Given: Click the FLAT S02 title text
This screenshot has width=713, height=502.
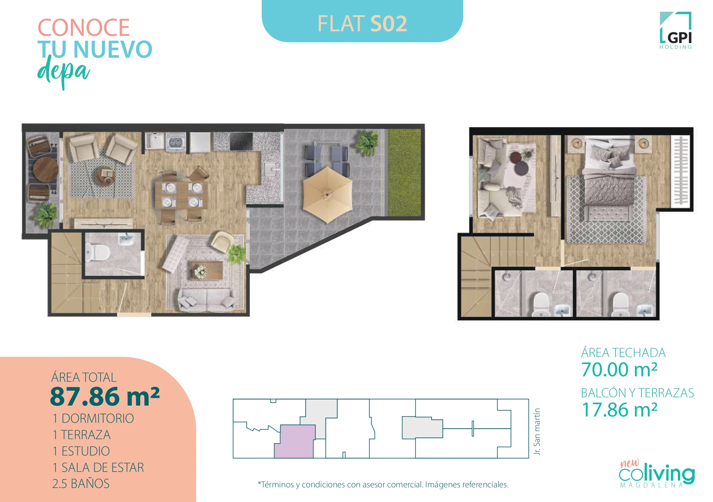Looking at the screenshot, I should [x=362, y=24].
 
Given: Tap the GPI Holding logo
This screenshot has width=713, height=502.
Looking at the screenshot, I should [x=676, y=31].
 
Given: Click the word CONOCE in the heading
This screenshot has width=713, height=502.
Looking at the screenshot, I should [x=84, y=28].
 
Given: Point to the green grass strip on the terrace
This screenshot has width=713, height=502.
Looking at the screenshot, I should [x=404, y=172].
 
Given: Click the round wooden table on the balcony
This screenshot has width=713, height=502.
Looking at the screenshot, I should [x=45, y=170].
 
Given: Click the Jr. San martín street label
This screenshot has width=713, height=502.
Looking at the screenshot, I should [x=537, y=432].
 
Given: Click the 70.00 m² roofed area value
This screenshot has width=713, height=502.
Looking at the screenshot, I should [x=619, y=370].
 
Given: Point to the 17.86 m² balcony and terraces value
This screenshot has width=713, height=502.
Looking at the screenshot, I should [x=619, y=410].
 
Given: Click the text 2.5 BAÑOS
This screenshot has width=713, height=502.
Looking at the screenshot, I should [x=81, y=484].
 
